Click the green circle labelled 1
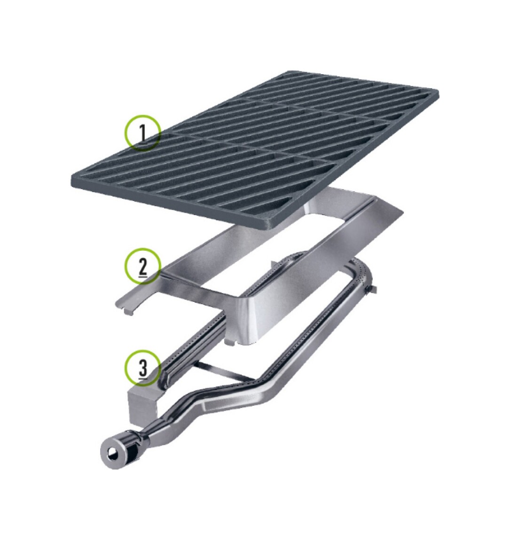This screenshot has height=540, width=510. (x=143, y=132)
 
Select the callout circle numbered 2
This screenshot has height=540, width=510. (x=143, y=266)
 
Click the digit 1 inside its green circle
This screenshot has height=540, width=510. (x=143, y=132)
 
